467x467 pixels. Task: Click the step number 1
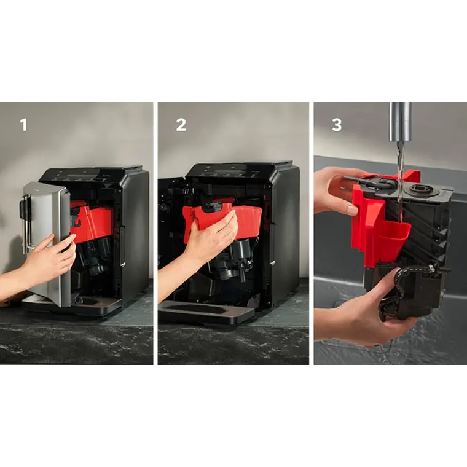coord(23,125)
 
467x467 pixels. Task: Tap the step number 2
coord(181,125)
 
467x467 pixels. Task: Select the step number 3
coord(337,125)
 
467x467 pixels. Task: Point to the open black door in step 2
coord(170,240)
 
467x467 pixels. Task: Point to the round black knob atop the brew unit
coord(424,190)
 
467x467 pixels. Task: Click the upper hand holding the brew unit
coord(335,190)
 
